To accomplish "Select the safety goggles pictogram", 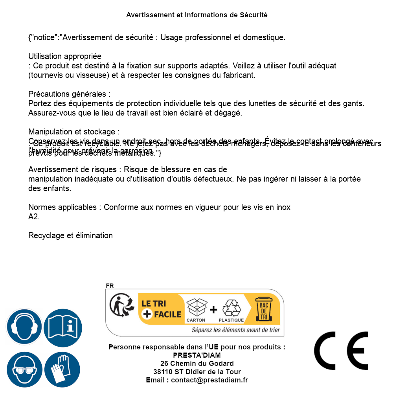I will (24, 369).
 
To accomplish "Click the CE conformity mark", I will (341, 351).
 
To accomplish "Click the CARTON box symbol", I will (196, 308).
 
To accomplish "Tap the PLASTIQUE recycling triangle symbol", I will (231, 308).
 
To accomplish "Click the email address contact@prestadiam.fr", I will (209, 380).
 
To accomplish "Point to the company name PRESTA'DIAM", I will (197, 355).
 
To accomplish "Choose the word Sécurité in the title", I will (254, 15).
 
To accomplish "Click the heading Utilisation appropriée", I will (65, 57).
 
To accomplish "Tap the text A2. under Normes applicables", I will (34, 217).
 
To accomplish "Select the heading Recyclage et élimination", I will (70, 235).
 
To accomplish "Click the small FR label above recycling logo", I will (110, 286).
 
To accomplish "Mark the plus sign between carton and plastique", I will (213, 310).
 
